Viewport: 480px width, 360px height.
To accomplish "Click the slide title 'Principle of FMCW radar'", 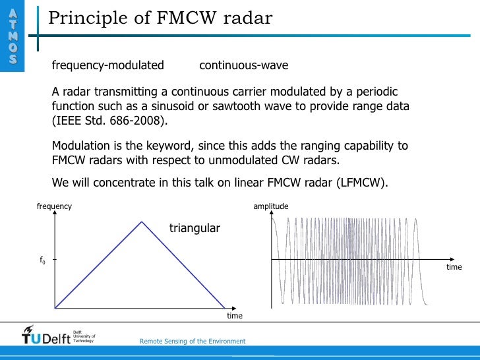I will tap(160, 18).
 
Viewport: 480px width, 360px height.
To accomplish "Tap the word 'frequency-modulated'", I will tap(108, 65).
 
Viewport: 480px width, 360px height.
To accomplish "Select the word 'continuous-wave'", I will tap(243, 65).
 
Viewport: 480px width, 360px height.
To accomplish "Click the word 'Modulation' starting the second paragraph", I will tap(80, 146).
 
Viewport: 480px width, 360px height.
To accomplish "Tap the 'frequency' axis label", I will tap(54, 206).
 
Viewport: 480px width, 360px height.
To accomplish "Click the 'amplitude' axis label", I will tap(271, 206).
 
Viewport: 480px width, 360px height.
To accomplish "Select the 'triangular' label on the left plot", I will tap(195, 228).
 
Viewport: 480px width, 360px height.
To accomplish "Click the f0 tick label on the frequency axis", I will tap(43, 260).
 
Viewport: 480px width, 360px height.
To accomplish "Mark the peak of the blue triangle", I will tap(141, 222).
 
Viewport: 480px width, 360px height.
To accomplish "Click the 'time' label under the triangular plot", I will tap(235, 316).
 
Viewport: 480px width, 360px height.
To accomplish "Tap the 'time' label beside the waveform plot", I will tap(454, 267).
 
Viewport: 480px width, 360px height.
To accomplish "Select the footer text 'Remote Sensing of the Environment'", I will tap(193, 341).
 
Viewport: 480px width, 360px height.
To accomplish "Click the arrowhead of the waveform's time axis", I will tap(453, 258).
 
